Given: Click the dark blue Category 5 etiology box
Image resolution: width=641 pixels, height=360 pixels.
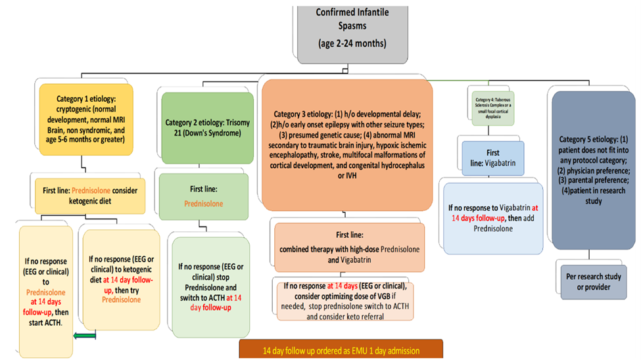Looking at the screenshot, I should (594, 170).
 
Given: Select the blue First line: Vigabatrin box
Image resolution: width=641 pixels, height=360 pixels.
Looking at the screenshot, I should (492, 157).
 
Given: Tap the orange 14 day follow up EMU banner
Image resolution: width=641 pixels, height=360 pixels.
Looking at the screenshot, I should (341, 350).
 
